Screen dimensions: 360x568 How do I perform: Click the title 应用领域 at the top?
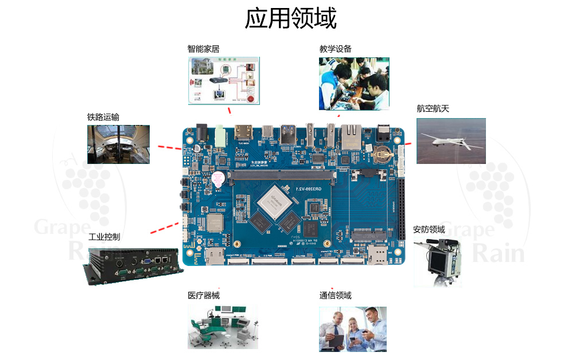point(290,18)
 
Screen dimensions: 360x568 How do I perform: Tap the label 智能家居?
point(203,49)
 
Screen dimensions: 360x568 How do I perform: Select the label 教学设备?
point(335,49)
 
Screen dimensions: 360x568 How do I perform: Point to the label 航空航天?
point(433,109)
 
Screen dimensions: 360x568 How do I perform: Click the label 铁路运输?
point(103,117)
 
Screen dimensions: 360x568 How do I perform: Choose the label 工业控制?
point(104,237)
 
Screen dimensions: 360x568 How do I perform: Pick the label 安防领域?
point(429,229)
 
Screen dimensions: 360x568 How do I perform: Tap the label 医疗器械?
point(203,295)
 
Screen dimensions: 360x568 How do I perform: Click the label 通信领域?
point(335,295)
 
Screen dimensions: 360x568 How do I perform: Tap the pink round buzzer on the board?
point(219,178)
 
